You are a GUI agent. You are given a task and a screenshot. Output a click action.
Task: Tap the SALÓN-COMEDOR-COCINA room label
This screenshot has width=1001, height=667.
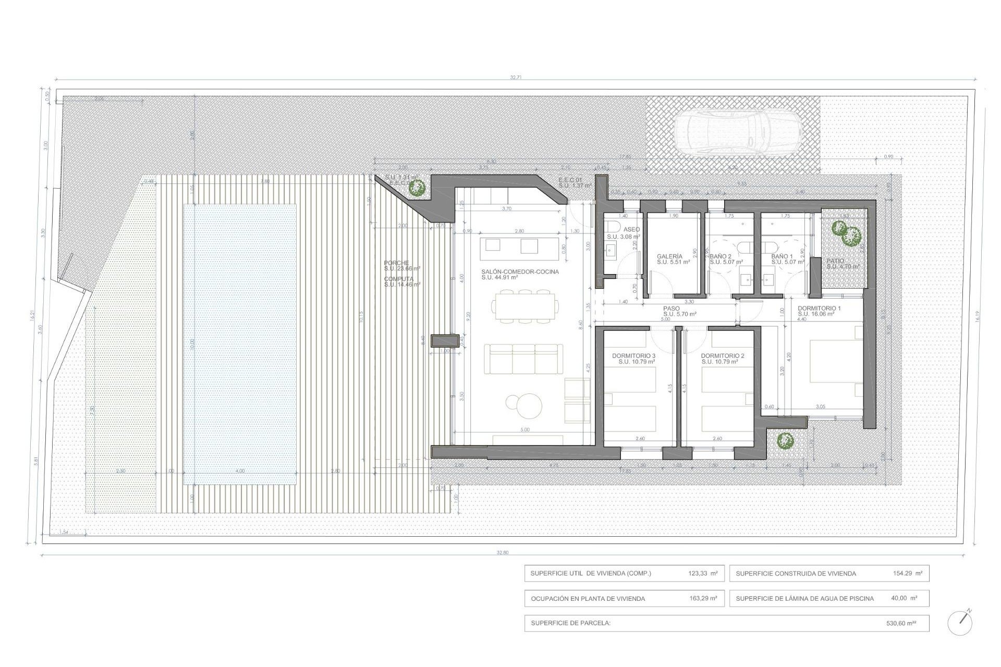pyautogui.click(x=520, y=271)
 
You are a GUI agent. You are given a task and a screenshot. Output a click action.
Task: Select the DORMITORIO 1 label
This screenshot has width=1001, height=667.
pyautogui.click(x=819, y=308)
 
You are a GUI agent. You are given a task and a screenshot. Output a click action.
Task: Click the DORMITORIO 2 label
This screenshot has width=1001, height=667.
pyautogui.click(x=723, y=356)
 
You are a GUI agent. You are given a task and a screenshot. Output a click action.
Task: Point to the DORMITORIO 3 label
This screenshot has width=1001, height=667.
pyautogui.click(x=633, y=356)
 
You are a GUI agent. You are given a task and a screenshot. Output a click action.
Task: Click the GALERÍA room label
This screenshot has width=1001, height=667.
pyautogui.click(x=669, y=256)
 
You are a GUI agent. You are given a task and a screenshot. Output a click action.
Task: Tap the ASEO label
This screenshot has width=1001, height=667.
pyautogui.click(x=631, y=229)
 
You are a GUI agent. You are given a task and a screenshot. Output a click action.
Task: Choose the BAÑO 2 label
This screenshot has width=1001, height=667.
pyautogui.click(x=721, y=256)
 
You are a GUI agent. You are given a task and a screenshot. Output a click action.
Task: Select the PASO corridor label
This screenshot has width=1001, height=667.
pyautogui.click(x=672, y=308)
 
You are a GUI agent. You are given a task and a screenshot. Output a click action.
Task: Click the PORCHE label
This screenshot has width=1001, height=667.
pyautogui.click(x=396, y=263)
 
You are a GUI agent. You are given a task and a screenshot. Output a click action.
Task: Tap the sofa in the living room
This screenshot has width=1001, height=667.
pyautogui.click(x=523, y=359)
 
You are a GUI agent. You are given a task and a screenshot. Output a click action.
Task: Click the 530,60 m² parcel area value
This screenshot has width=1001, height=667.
pyautogui.click(x=901, y=623)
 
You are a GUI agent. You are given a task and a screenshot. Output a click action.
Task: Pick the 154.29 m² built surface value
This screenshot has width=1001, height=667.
pyautogui.click(x=907, y=573)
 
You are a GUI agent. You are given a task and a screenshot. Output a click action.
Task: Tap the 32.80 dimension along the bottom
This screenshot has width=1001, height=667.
pyautogui.click(x=502, y=552)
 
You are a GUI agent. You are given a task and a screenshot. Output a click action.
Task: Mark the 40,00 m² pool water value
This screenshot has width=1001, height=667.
pyautogui.click(x=904, y=598)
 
